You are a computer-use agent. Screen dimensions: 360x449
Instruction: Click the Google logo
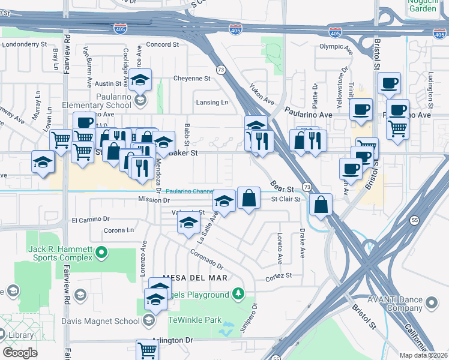(20, 352)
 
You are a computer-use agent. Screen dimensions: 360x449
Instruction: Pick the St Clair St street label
(285, 199)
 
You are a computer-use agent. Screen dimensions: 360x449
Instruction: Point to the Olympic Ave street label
(334, 46)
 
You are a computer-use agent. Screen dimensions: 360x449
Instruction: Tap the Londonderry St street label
(25, 44)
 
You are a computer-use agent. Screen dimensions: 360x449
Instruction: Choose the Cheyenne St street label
(191, 78)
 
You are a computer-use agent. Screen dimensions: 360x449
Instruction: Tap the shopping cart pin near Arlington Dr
(147, 349)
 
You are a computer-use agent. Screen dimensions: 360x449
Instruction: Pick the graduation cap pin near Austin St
(140, 79)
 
